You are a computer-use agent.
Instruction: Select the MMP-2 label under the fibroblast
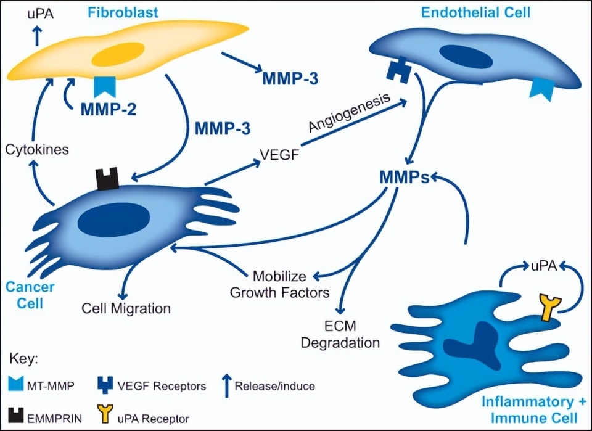[108, 110]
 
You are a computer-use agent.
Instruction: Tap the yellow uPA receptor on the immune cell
[547, 306]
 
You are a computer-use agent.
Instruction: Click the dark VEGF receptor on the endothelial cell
[399, 71]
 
